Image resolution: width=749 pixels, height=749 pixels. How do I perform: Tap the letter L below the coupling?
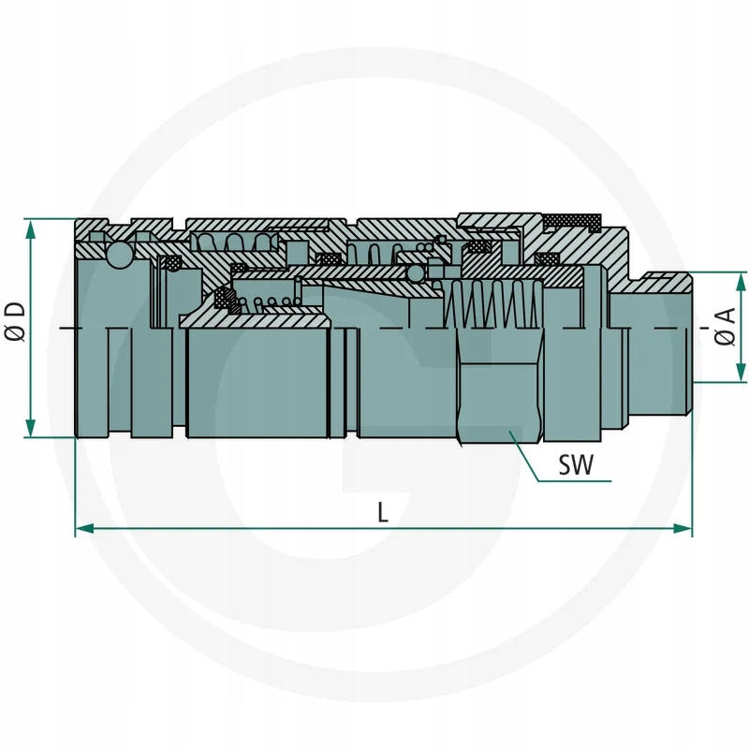pos(383,511)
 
